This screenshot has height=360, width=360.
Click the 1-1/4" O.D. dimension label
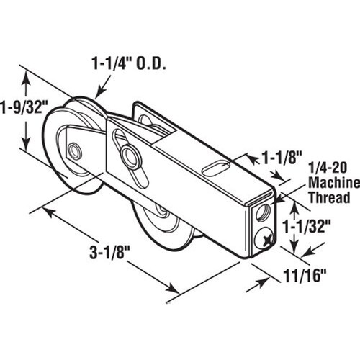click(x=130, y=63)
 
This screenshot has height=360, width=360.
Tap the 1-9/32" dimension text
click(x=24, y=107)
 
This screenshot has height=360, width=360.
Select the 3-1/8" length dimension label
click(x=109, y=253)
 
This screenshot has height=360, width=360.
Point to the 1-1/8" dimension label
click(x=282, y=158)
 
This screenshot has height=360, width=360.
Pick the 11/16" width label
click(x=305, y=276)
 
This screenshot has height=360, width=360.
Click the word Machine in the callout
click(x=334, y=183)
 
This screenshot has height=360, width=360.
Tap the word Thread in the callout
click(x=329, y=198)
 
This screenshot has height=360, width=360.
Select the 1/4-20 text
click(x=328, y=168)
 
